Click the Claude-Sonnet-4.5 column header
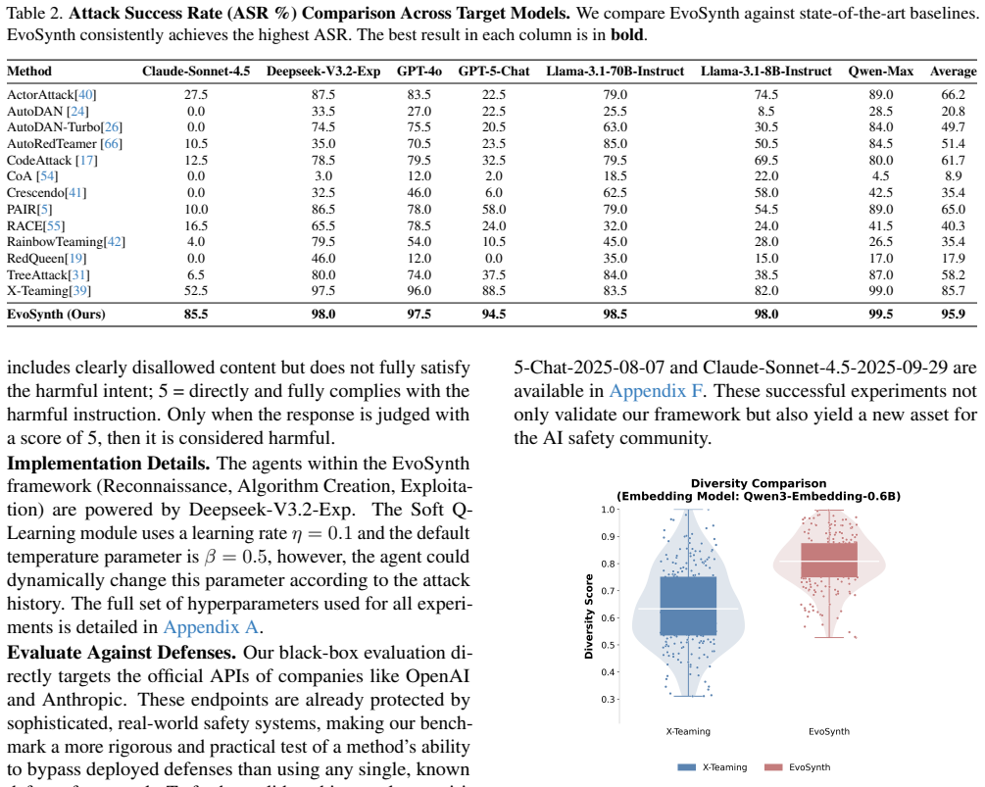click(196, 72)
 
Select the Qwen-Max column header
click(881, 72)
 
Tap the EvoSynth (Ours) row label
click(56, 314)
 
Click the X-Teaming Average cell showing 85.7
click(953, 291)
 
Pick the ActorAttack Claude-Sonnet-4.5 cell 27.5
click(196, 94)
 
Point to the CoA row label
click(32, 176)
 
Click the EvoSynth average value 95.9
click(953, 314)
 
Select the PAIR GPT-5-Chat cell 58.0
click(494, 209)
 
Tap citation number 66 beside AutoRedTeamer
click(111, 144)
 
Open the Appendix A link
click(211, 627)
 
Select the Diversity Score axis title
click(589, 616)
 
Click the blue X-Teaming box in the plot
click(688, 606)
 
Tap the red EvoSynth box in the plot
click(829, 560)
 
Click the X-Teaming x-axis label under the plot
click(688, 732)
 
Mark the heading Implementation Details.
click(108, 464)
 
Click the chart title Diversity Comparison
click(759, 483)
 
